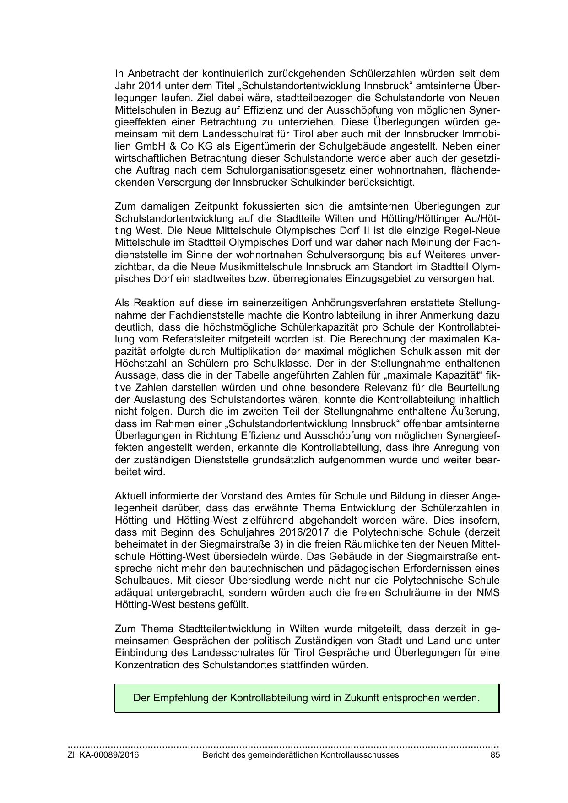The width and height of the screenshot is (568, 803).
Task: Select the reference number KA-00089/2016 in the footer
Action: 109,755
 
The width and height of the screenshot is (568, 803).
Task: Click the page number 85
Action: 495,755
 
